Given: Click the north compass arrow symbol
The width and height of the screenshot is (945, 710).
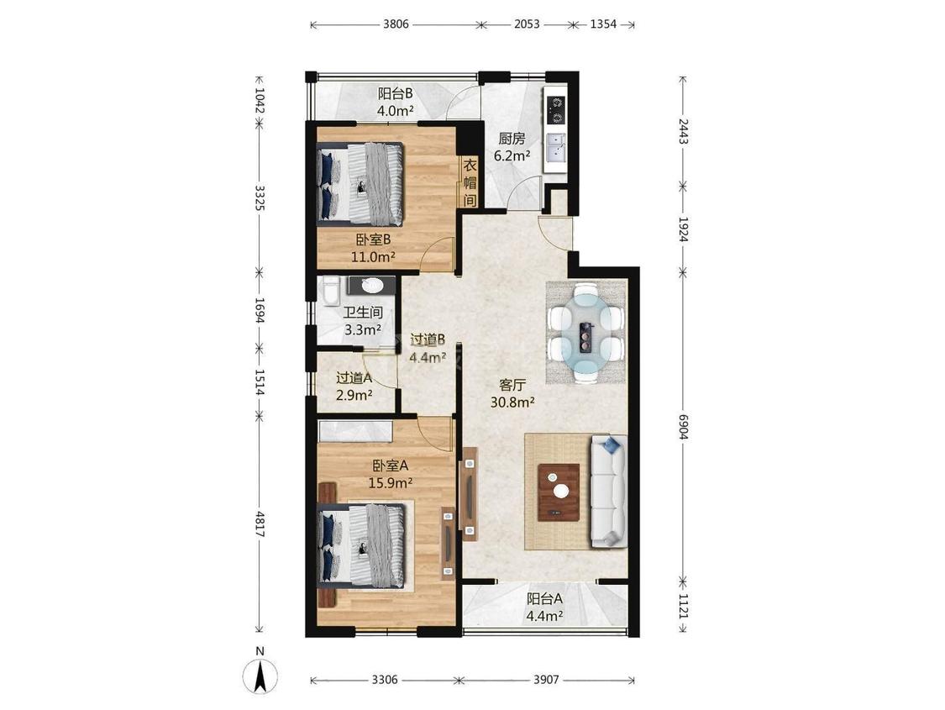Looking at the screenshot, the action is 260,676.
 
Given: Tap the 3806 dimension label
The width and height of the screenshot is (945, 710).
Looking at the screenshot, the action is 396,24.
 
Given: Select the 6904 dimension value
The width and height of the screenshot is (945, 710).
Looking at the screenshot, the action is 683,425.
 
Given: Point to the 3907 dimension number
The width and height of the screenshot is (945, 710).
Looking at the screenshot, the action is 546,680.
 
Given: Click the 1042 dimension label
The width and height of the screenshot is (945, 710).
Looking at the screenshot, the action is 260,101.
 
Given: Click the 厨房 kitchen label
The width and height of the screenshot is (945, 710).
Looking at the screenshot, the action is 511,139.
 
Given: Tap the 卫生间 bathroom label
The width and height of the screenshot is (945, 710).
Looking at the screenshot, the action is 363,313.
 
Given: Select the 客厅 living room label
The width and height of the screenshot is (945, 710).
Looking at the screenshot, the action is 513,385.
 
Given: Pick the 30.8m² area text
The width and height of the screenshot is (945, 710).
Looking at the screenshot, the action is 513,402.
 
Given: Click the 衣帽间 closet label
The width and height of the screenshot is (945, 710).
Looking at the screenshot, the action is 470,182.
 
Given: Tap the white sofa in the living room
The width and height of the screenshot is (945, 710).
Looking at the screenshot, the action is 609,492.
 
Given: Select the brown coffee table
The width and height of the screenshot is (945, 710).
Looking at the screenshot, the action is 559,492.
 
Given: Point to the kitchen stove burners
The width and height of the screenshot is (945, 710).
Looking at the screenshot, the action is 556,109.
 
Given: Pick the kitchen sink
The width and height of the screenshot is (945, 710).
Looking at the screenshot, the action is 555,148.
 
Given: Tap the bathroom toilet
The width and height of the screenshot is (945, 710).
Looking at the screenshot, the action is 329,291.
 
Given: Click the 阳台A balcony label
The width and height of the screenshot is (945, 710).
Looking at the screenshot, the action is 545,599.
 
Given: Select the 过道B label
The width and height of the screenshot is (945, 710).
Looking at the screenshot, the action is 428,340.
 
